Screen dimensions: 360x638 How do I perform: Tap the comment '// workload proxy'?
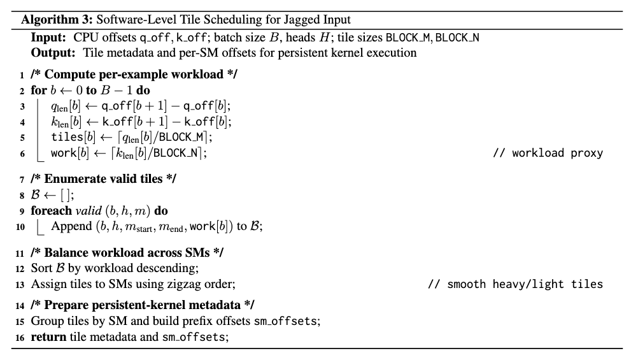tap(547, 153)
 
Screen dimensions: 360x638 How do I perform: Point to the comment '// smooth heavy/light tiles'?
tap(514, 284)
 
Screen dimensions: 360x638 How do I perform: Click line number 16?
tap(22, 336)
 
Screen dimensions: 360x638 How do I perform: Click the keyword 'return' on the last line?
tap(48, 336)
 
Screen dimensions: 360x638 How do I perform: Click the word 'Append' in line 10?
tap(71, 226)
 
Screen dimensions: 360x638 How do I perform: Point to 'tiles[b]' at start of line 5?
tap(71, 136)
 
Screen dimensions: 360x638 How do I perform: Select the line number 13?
tap(22, 284)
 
